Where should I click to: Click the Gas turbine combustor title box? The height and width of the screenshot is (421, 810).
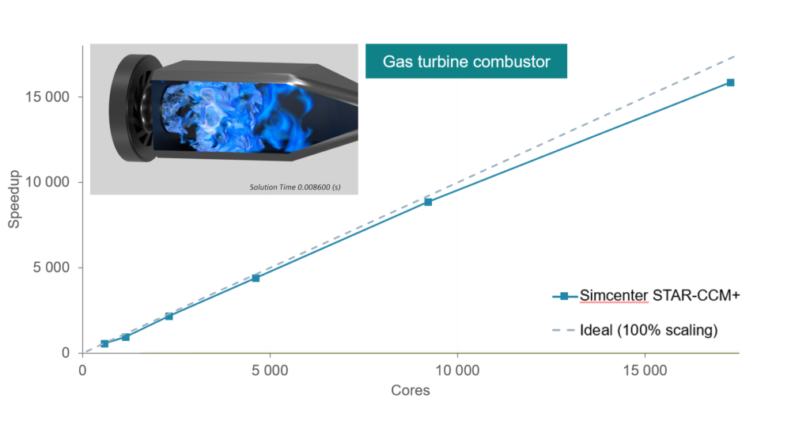click(x=466, y=61)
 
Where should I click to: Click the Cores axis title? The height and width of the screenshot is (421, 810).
click(x=411, y=391)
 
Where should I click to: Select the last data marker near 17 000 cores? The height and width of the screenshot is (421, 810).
click(x=730, y=82)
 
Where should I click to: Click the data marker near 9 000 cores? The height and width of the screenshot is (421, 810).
click(x=428, y=202)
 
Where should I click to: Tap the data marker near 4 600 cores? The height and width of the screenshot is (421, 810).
click(x=255, y=278)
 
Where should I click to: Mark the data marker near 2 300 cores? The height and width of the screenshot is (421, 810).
click(x=168, y=317)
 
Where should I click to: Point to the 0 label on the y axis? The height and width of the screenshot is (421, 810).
click(x=67, y=353)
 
